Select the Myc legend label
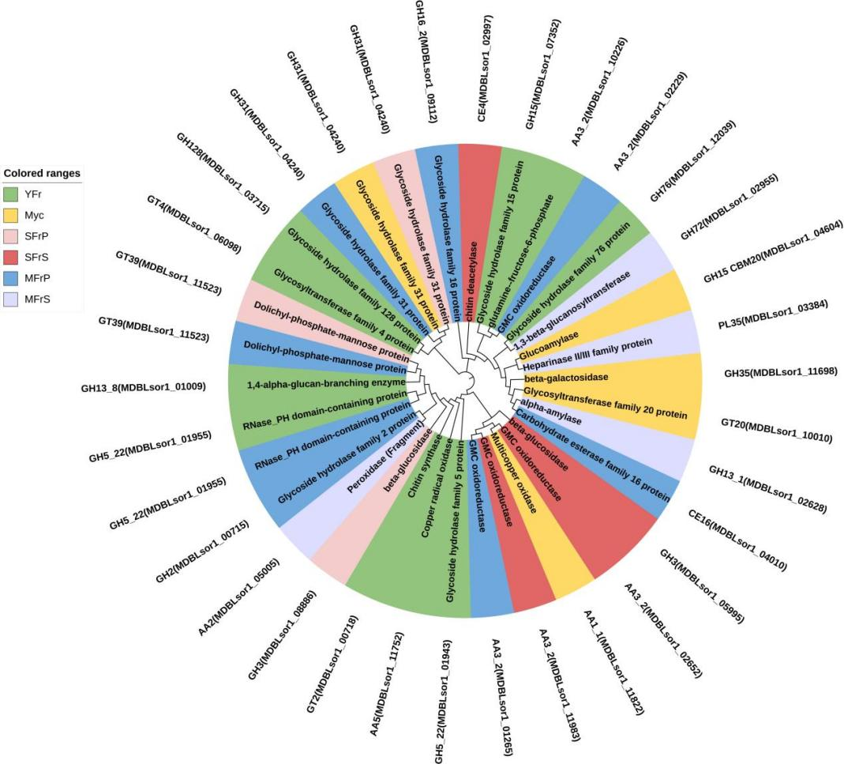34,214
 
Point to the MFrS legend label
36,299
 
